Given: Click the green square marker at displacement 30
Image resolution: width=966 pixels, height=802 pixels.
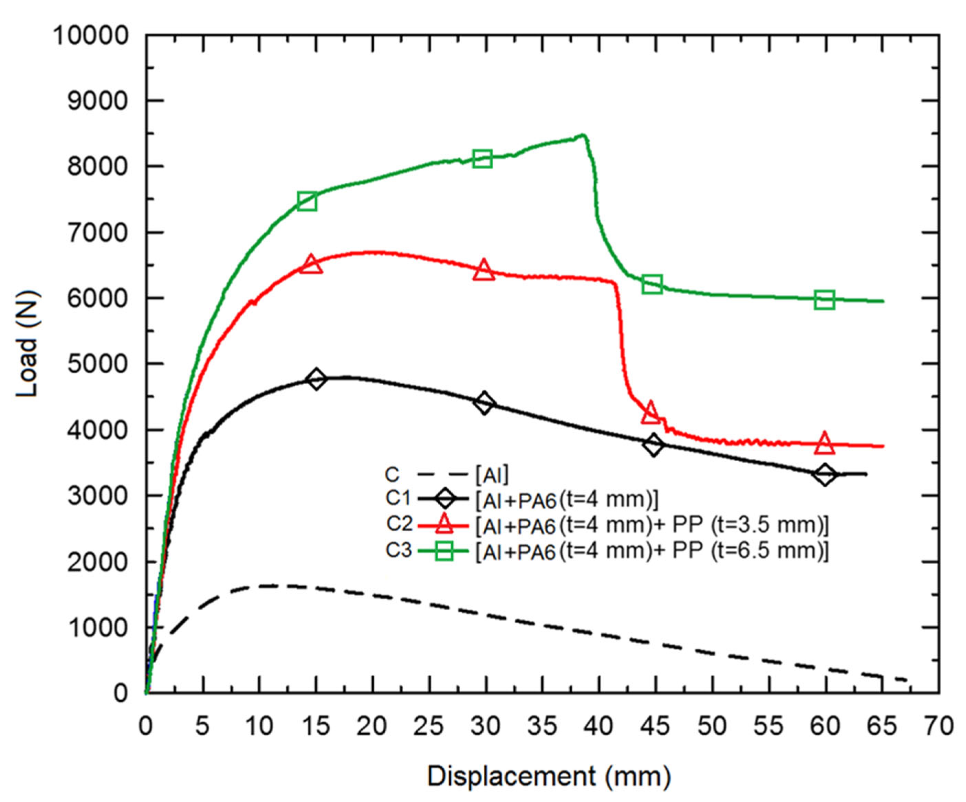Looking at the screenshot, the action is tap(482, 159).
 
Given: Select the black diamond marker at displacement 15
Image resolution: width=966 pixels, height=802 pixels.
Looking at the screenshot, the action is tap(316, 379).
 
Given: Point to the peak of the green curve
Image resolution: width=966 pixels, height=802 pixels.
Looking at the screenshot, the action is tap(583, 135).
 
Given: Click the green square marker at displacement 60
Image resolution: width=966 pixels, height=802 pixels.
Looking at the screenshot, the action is tap(824, 300).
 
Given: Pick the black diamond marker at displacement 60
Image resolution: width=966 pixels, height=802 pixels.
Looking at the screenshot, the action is tap(825, 474).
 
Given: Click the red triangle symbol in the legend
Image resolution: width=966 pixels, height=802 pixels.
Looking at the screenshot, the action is tap(444, 524).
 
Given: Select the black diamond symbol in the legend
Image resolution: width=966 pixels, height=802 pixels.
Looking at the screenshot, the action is tap(444, 499).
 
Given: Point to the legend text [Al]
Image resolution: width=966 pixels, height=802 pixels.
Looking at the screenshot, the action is tap(492, 475).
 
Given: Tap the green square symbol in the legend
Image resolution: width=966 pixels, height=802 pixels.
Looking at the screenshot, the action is tap(444, 550).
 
